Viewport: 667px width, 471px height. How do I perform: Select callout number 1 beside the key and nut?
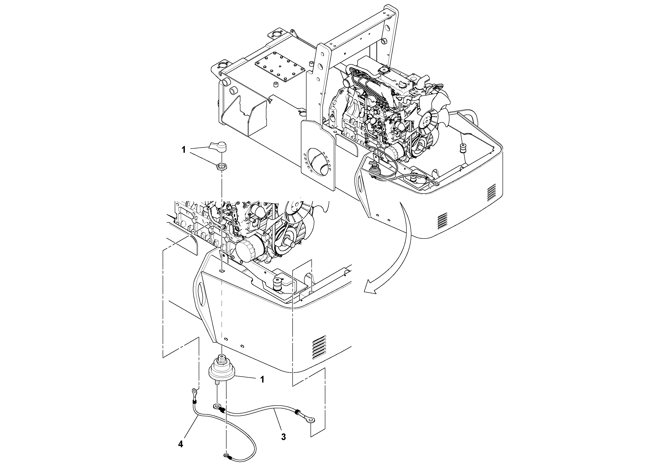(x=183, y=150)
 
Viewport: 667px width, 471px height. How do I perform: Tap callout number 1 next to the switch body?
(x=262, y=379)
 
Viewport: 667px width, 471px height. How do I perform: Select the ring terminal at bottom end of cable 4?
(x=226, y=457)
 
